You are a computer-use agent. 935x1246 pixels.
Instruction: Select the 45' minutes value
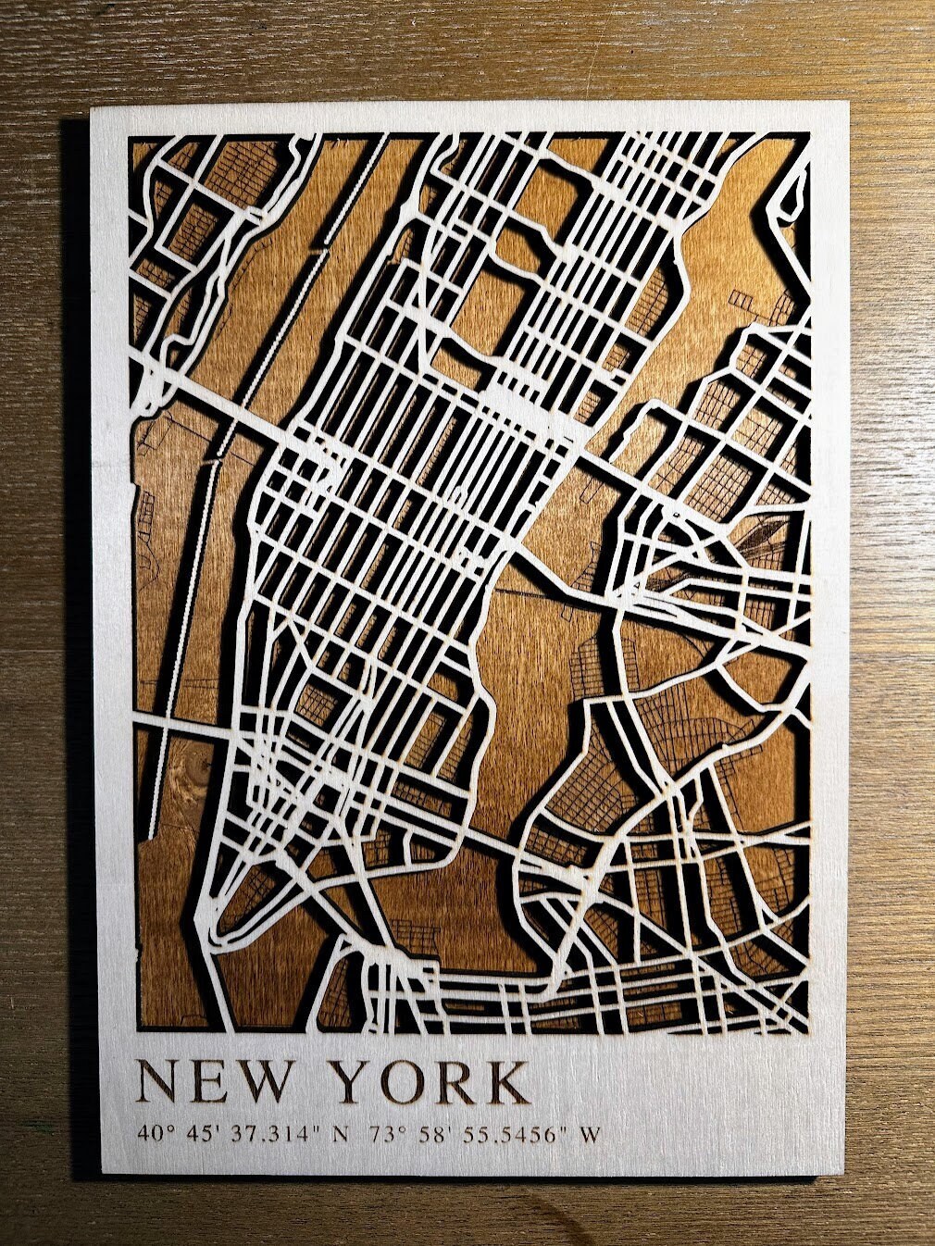[201, 1133]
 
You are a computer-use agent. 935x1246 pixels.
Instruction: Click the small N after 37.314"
[341, 1133]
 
